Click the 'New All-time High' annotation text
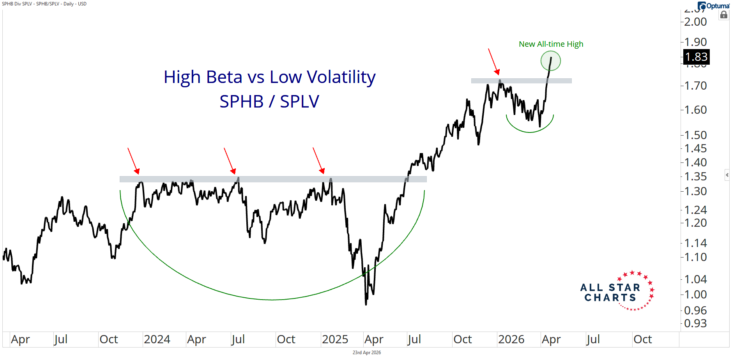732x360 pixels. [x=551, y=44]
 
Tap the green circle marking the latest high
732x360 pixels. [x=550, y=61]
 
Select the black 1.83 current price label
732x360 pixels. [x=696, y=57]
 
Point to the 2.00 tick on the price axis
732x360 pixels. [x=696, y=22]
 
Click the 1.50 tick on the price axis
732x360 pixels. [x=696, y=135]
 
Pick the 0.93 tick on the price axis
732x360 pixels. [x=696, y=323]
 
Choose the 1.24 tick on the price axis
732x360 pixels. [x=696, y=210]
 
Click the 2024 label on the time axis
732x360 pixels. [x=157, y=339]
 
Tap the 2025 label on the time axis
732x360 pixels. [x=335, y=339]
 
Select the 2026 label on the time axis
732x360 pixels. [x=511, y=339]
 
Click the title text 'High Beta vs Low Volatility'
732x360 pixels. [x=269, y=77]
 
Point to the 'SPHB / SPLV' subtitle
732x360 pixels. [x=269, y=102]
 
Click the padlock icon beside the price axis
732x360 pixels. [x=724, y=15]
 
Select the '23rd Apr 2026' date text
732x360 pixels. [x=366, y=353]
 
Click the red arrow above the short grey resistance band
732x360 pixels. [x=493, y=62]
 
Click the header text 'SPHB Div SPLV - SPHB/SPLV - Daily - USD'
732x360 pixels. [x=44, y=4]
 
